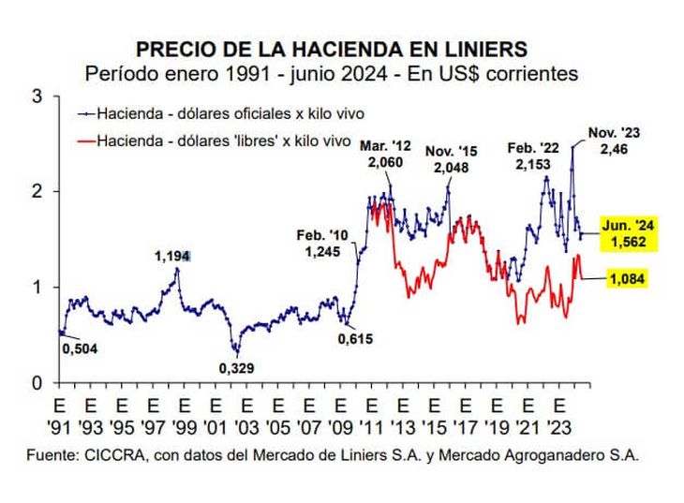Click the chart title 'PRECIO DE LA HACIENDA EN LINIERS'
pyautogui.click(x=332, y=49)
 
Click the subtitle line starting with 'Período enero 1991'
pyautogui.click(x=332, y=73)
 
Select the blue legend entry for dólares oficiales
pyautogui.click(x=221, y=113)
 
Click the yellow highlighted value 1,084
pyautogui.click(x=630, y=278)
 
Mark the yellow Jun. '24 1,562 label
pyautogui.click(x=630, y=234)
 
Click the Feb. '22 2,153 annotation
pyautogui.click(x=536, y=155)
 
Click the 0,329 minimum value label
pyautogui.click(x=238, y=367)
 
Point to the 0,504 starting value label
pyautogui.click(x=80, y=349)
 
